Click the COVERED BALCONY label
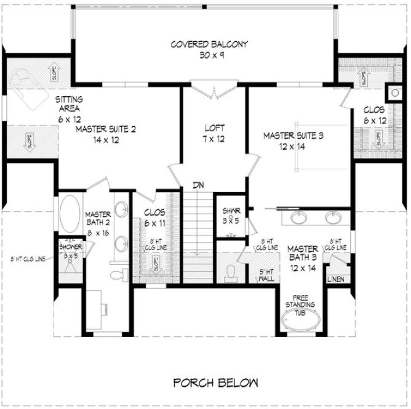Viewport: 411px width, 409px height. [209, 44]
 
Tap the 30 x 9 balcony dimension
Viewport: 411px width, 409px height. [209, 54]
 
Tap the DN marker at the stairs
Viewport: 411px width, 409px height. [198, 184]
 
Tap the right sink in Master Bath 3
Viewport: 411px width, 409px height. [333, 217]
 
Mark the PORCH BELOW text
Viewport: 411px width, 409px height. [215, 382]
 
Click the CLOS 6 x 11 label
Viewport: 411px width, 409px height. [153, 217]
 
